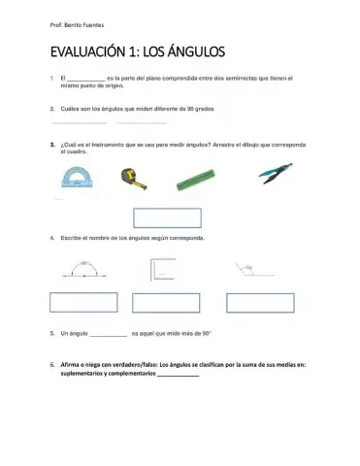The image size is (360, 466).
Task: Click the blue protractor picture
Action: click(x=75, y=177)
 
